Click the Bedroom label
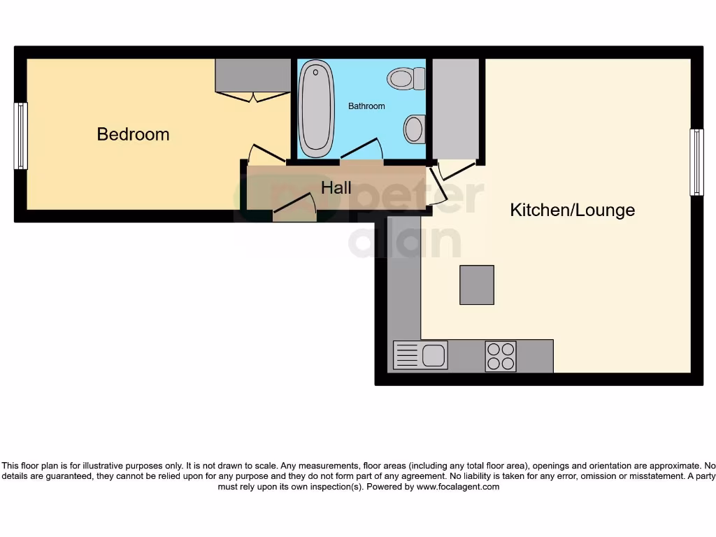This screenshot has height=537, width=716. tap(133, 134)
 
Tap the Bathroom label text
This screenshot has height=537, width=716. tap(366, 106)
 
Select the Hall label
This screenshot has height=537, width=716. tap(336, 188)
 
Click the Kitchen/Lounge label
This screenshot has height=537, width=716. tap(572, 210)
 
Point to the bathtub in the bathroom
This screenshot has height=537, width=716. tap(316, 108)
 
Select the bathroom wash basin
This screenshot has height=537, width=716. tap(414, 129)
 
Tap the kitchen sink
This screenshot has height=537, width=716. tap(420, 355)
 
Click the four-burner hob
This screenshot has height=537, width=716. tap(501, 356)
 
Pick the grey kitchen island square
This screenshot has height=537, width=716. tap(477, 285)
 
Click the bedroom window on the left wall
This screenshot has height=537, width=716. tap(21, 136)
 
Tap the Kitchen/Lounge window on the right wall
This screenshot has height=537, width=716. tap(696, 162)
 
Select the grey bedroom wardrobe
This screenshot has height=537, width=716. tap(252, 75)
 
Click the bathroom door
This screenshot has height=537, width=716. tap(362, 149)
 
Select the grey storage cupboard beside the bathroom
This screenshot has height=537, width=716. tap(455, 108)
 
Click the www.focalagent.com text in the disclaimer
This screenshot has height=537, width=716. tap(458, 487)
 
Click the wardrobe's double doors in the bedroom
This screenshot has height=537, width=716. tap(252, 96)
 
